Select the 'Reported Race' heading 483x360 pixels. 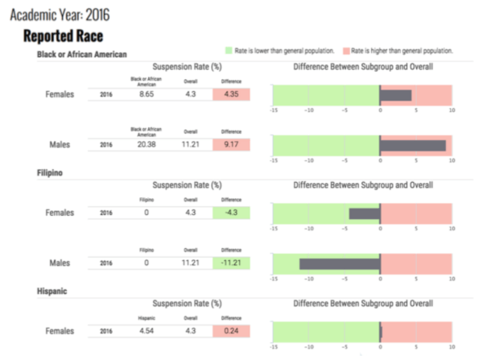[63, 36]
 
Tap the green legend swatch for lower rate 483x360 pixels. [229, 51]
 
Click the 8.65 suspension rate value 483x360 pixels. [146, 94]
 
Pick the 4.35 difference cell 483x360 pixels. [231, 94]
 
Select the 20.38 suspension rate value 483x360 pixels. [146, 145]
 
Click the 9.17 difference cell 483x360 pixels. [231, 145]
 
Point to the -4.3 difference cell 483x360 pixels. [231, 213]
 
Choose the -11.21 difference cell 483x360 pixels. [231, 263]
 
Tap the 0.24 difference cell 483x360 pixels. [231, 330]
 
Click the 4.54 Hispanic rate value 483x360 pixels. [146, 330]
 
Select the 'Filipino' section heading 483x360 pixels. [50, 172]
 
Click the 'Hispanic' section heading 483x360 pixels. [52, 290]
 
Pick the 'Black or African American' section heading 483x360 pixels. [82, 53]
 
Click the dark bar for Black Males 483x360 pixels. [412, 146]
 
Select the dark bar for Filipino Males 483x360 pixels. [339, 263]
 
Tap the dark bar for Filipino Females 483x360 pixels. [364, 213]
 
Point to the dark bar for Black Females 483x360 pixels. [395, 95]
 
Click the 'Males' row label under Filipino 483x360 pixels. [59, 263]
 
